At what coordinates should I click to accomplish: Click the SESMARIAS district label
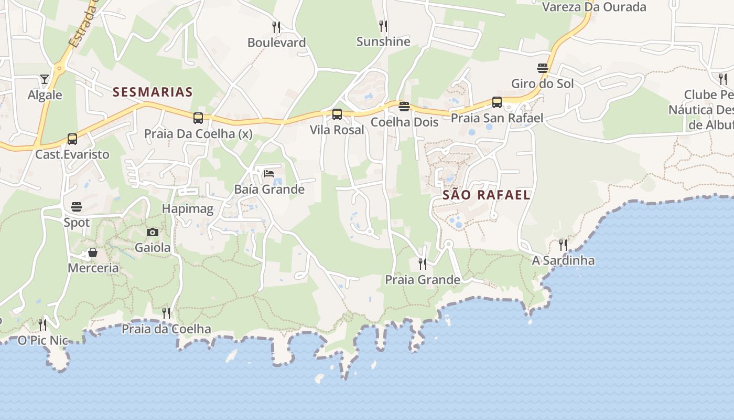point(153,92)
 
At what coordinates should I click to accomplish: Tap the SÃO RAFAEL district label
point(487,195)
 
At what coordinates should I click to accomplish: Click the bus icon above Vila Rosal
point(337,114)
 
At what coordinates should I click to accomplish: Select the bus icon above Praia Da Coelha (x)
point(198,118)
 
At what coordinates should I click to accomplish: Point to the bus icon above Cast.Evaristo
point(72,139)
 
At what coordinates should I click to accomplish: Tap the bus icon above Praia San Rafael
point(497,102)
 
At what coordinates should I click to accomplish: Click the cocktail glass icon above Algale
point(45,79)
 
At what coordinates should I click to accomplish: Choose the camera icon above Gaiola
point(153,232)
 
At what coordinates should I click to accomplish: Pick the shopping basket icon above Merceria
point(93,253)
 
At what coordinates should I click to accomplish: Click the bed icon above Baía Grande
point(269,173)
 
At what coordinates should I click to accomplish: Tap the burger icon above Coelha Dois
point(404,107)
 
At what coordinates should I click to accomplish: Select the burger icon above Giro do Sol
point(543,68)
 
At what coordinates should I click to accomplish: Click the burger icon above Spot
point(77,206)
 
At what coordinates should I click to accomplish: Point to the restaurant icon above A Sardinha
point(563,245)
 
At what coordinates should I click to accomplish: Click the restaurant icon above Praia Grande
point(423,264)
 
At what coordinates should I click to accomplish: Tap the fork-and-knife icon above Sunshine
point(383,26)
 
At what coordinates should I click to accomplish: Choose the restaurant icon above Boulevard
point(276,27)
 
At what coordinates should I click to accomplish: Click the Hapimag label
point(188,209)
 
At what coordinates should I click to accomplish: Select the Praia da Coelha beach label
point(166,329)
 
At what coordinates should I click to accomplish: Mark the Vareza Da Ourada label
point(594,7)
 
